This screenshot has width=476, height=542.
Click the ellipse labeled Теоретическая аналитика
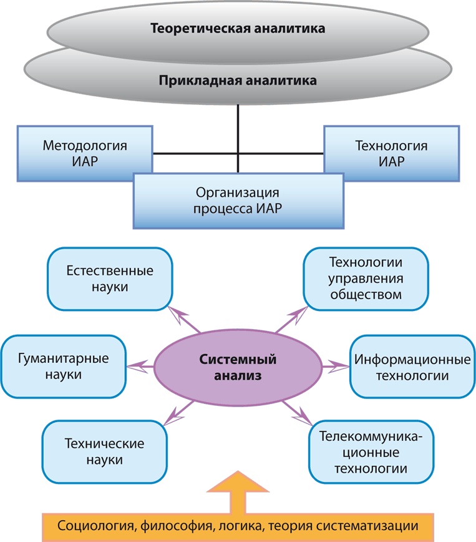click(x=238, y=29)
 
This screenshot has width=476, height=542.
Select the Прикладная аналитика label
click(x=238, y=81)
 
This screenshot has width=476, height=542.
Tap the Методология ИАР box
click(x=85, y=154)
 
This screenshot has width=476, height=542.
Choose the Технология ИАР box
click(x=391, y=154)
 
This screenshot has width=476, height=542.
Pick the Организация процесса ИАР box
click(x=238, y=200)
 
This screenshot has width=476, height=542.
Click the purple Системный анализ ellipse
click(x=238, y=367)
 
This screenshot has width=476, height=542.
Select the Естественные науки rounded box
click(x=110, y=278)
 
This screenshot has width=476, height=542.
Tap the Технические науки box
click(x=104, y=451)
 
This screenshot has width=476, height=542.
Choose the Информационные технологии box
click(x=412, y=367)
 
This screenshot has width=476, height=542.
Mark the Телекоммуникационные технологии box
click(x=371, y=451)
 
